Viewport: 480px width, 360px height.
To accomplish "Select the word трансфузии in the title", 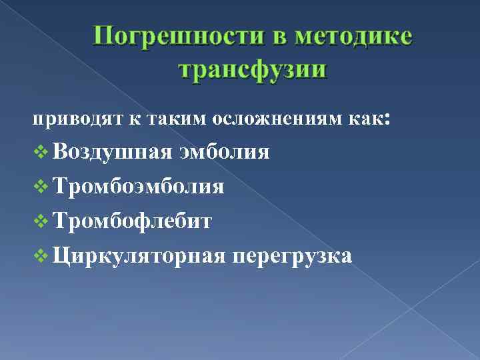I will click(x=253, y=69).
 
